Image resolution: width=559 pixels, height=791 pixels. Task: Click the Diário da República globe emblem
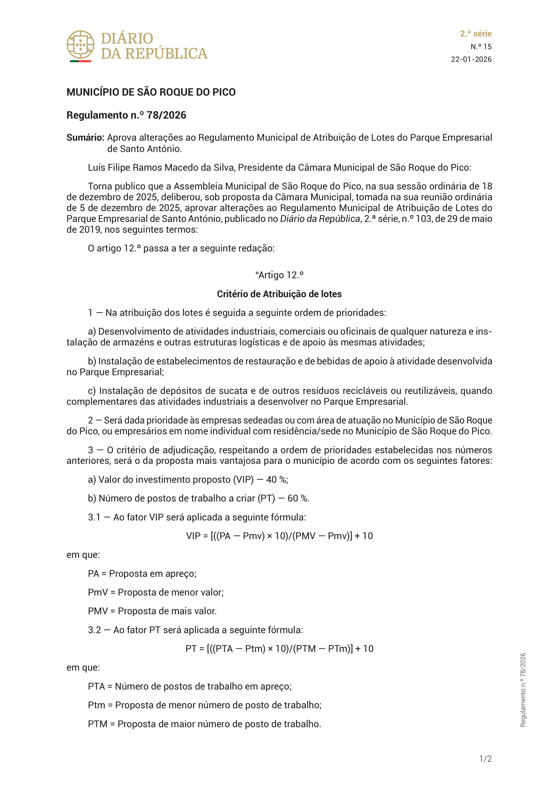[80, 45]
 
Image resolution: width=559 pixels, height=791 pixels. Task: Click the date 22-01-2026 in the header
[471, 59]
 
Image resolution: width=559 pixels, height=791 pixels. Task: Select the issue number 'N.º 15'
[481, 46]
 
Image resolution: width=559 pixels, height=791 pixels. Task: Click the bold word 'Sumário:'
[85, 138]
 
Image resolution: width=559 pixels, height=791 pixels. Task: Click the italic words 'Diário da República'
[320, 219]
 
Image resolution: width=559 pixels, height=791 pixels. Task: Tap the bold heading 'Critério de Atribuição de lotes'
[279, 294]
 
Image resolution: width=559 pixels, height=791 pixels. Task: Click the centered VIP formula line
[279, 536]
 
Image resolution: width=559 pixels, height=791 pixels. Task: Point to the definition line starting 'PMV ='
[152, 611]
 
